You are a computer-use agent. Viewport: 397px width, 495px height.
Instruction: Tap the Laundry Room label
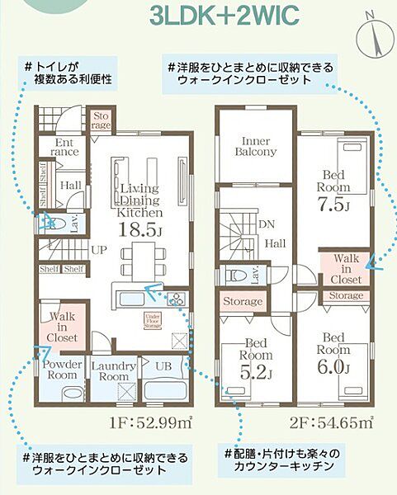point(110,370)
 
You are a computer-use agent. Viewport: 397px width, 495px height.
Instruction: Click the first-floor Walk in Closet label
point(63,326)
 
